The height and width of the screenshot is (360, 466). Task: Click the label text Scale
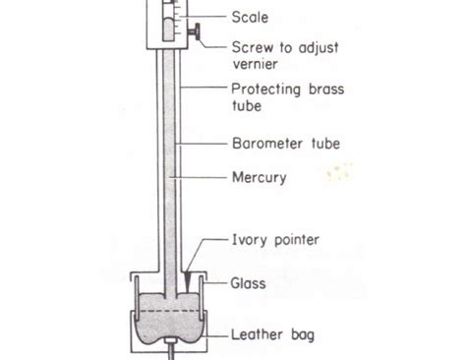coord(251,17)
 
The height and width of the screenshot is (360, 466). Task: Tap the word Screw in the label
coord(252,46)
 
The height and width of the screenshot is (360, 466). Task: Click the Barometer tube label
coord(286,144)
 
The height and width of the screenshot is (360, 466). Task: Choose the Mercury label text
coord(259,179)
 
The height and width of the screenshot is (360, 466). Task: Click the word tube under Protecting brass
coord(247,105)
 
